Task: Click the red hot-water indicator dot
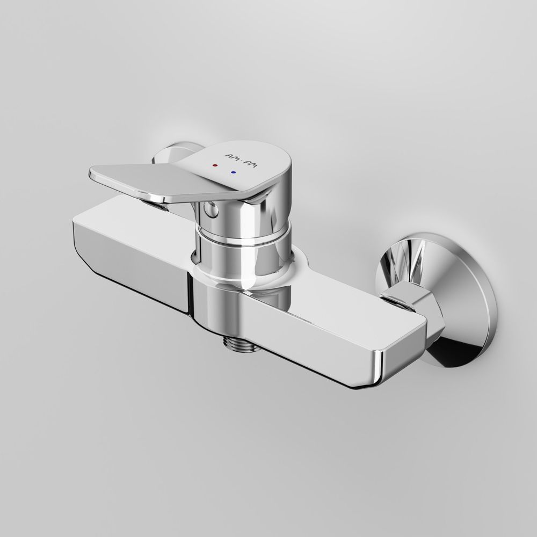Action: point(215,165)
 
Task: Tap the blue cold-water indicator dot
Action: point(234,172)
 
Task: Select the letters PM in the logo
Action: point(251,164)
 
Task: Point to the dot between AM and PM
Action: point(241,161)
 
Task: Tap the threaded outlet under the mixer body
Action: point(239,343)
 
